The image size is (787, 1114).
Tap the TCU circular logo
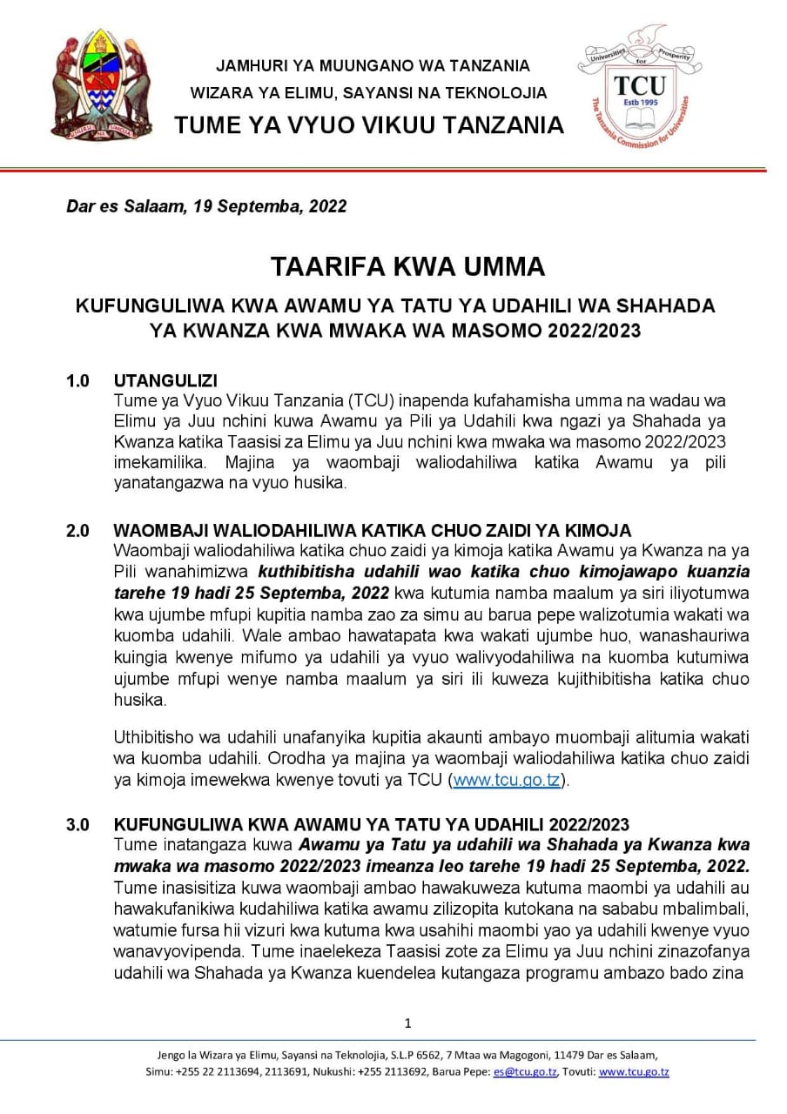640,86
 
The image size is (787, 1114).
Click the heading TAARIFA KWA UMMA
393,266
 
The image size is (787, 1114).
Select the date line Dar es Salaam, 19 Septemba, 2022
206,206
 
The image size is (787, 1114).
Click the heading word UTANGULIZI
165,380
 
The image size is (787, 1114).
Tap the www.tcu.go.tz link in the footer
634,1072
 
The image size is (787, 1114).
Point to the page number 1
408,1023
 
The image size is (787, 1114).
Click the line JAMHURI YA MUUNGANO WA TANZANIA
373,65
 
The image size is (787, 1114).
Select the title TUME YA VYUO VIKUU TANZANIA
369,125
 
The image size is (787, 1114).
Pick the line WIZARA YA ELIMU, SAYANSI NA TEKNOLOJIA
370,93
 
